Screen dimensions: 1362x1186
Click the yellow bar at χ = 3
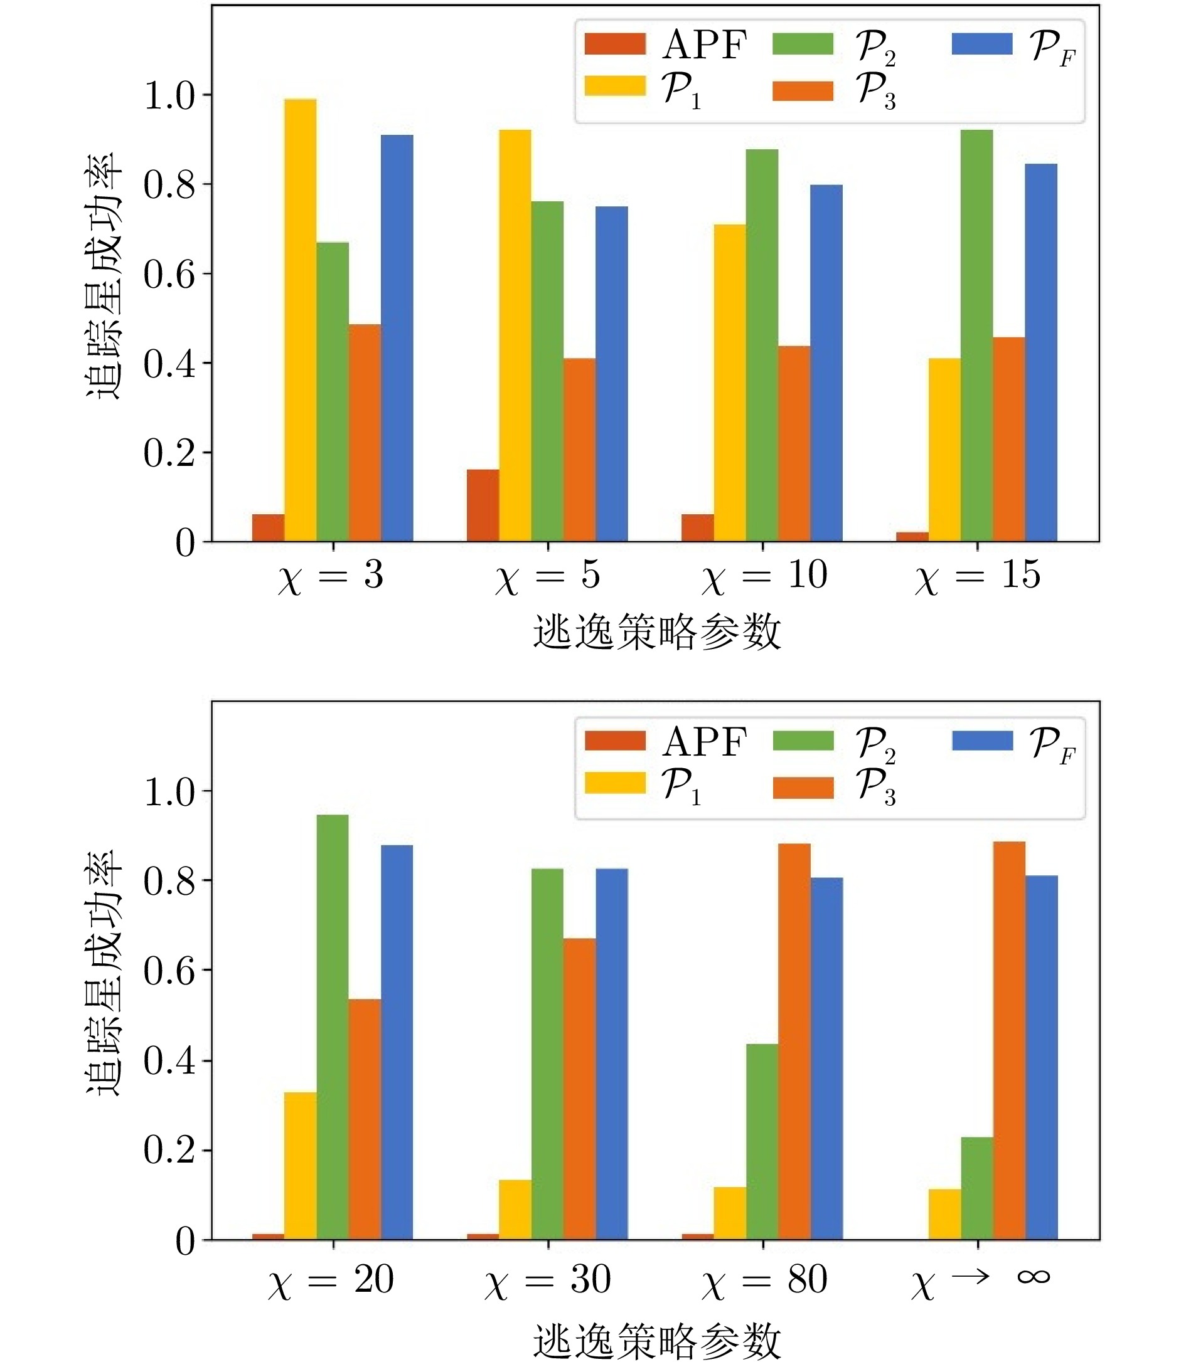coord(301,321)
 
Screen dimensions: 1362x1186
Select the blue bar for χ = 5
coord(612,374)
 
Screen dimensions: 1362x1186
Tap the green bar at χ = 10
coord(762,346)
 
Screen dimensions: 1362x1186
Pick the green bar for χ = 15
coord(977,335)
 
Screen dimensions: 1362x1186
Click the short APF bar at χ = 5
coord(483,505)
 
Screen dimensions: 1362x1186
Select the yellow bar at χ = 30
coord(515,1210)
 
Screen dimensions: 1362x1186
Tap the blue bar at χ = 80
coord(826,1058)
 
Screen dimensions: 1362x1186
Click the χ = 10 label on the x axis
coord(764,576)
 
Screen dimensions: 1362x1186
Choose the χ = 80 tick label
coord(764,1280)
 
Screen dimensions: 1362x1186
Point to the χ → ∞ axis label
coord(980,1280)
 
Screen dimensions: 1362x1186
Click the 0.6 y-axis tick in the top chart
coord(169,274)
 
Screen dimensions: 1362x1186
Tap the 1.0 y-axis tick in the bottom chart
coord(169,791)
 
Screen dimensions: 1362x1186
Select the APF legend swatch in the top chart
coord(615,44)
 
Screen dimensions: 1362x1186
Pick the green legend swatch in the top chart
coord(802,44)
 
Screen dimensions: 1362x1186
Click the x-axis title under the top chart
coord(656,632)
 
